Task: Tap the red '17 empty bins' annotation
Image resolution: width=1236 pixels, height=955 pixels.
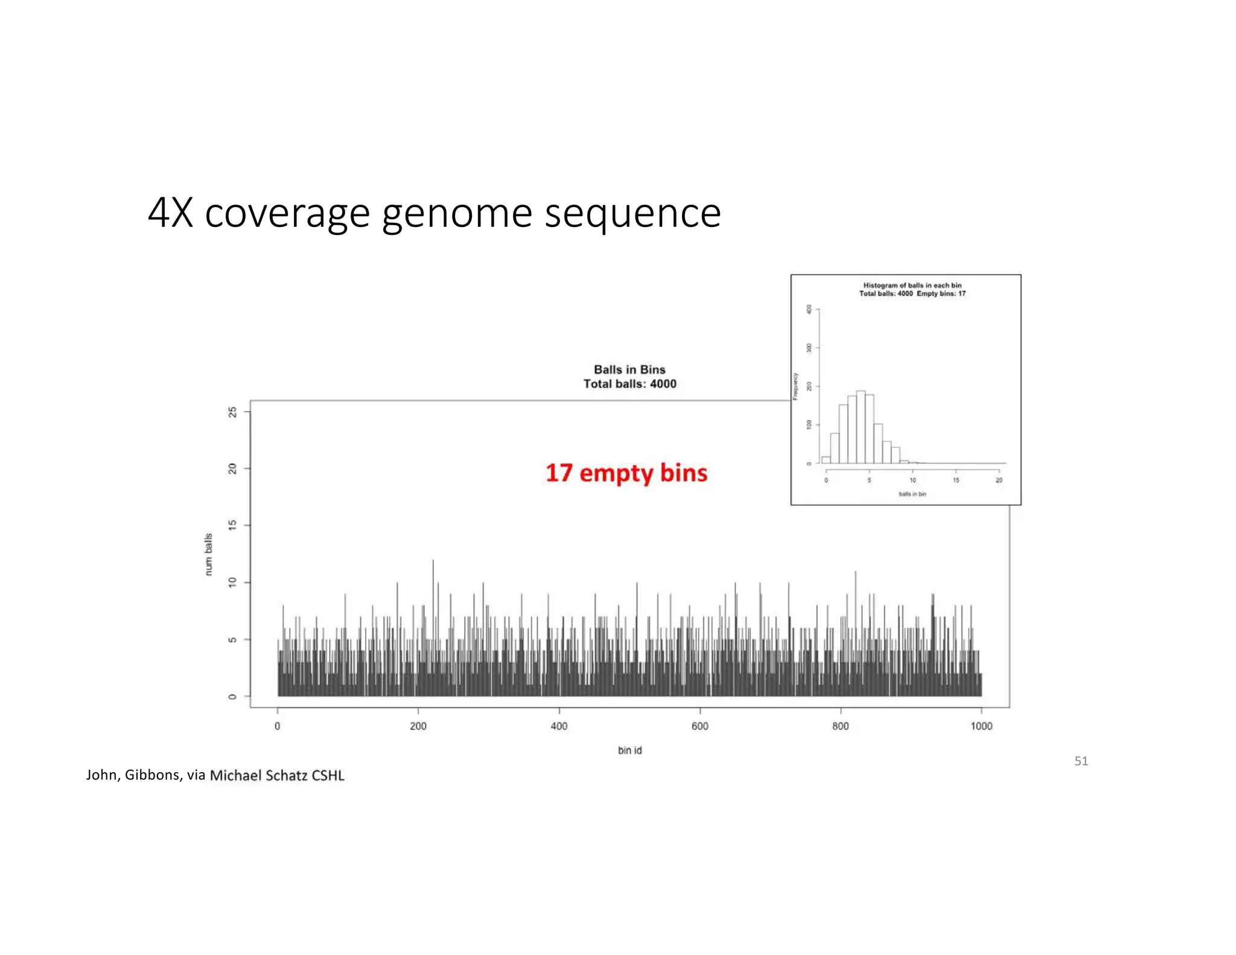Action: [626, 473]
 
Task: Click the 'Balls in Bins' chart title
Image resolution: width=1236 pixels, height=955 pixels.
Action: [629, 369]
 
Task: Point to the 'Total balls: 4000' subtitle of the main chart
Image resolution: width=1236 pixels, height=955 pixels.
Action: [629, 384]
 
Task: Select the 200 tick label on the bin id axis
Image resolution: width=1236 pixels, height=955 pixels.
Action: [418, 726]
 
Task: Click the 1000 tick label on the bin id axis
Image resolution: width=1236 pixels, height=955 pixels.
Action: [981, 726]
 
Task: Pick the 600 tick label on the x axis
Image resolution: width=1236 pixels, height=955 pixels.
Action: [699, 726]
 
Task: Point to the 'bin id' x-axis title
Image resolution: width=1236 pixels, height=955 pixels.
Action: [629, 750]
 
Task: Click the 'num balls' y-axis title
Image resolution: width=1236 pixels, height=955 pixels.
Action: [209, 554]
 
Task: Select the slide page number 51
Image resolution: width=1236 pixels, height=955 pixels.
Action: [1081, 761]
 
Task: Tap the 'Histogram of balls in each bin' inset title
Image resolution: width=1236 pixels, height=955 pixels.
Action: [912, 286]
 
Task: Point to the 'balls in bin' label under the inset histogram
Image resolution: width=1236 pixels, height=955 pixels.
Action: [912, 494]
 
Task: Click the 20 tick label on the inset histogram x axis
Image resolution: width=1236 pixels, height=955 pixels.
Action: [999, 481]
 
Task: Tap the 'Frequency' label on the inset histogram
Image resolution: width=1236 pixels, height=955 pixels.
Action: [795, 386]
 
